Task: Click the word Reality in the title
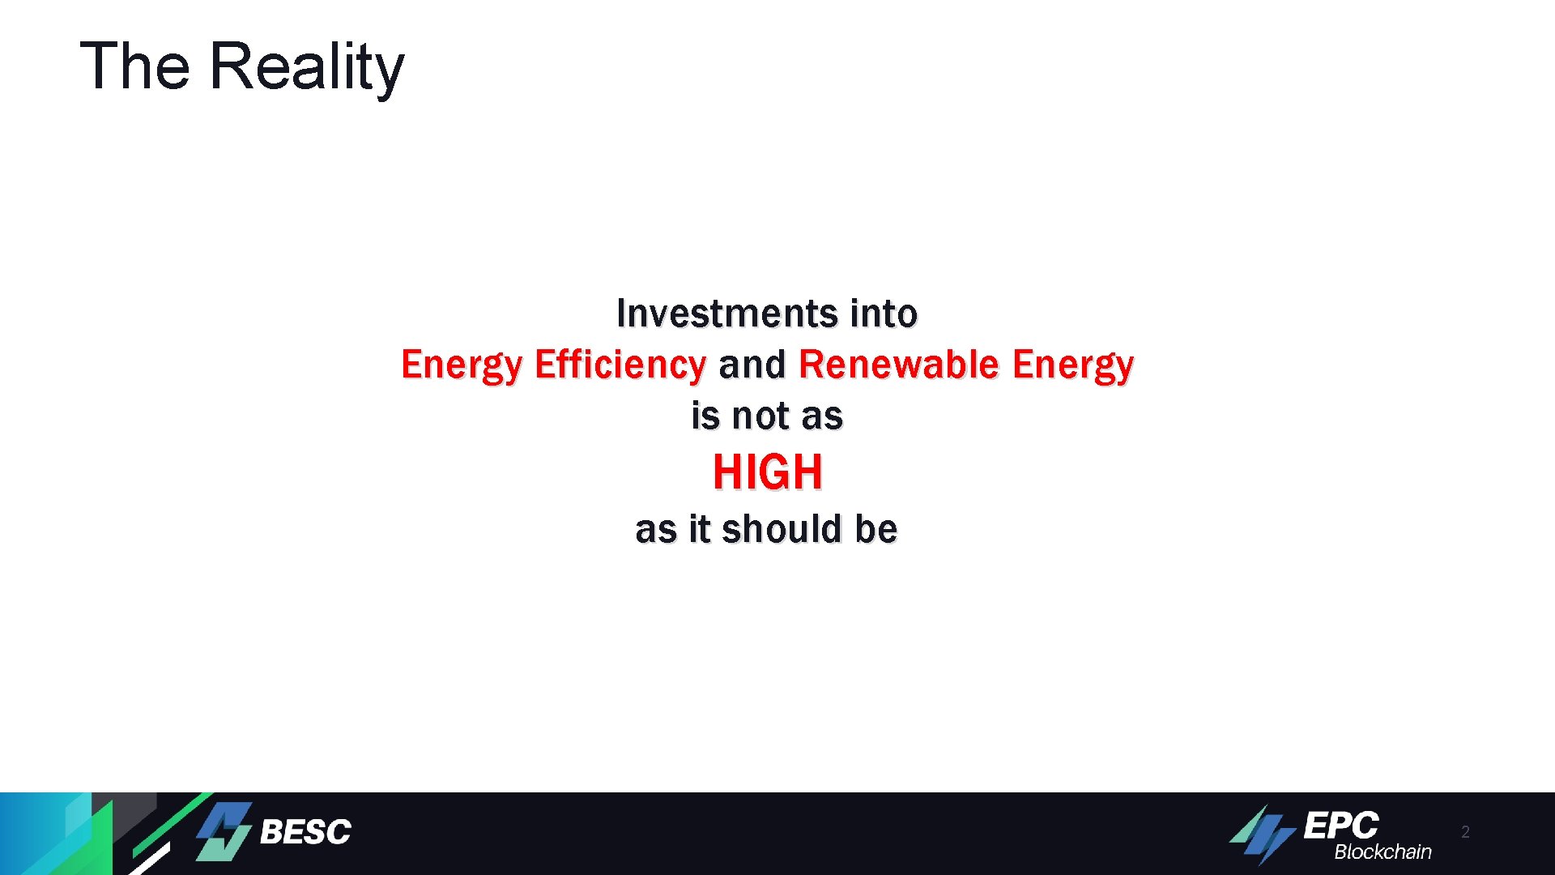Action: (306, 66)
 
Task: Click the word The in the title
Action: (134, 66)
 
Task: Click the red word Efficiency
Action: (620, 365)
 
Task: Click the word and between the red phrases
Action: (752, 365)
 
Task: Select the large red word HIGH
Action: (767, 472)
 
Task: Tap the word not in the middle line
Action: (760, 416)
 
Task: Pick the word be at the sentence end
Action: (876, 530)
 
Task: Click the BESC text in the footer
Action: (305, 832)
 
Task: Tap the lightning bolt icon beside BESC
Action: (224, 831)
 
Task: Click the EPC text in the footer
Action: (1340, 826)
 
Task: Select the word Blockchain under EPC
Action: (1382, 852)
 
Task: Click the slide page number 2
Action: (1465, 832)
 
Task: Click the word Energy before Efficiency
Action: (462, 365)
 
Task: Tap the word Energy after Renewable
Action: (1073, 365)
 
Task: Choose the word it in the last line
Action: (699, 530)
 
